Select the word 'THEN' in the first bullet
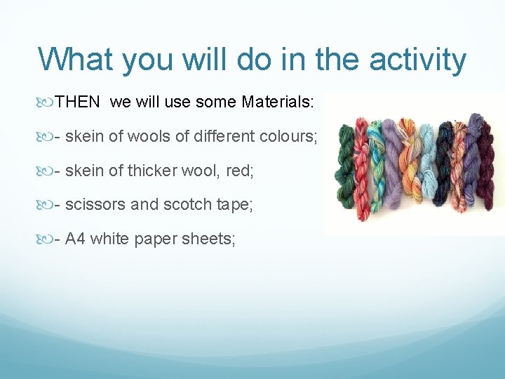[x=78, y=103]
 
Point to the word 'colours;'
[x=290, y=137]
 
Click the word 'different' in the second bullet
[x=207, y=137]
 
